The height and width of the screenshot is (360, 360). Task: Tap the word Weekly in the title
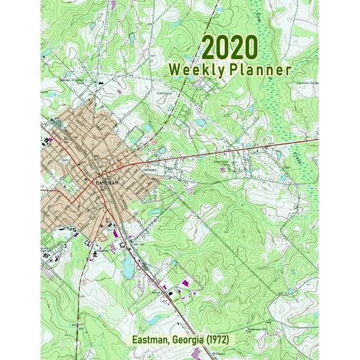(194, 69)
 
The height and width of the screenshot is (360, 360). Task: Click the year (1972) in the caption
(222, 340)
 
